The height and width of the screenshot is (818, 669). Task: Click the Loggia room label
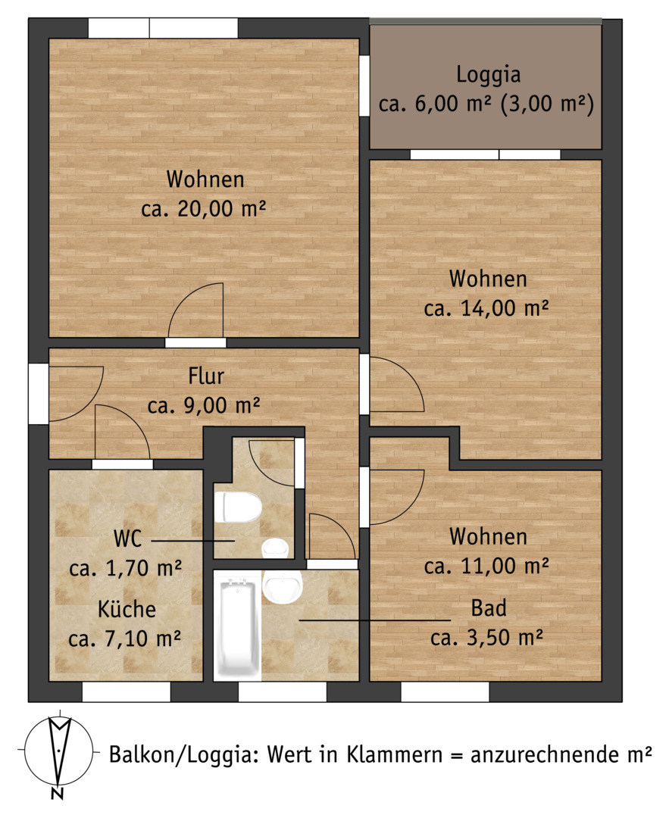(489, 74)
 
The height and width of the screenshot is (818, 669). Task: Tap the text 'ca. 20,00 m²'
(204, 209)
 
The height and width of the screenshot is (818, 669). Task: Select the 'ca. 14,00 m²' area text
(486, 308)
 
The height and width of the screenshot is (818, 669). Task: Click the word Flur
(206, 376)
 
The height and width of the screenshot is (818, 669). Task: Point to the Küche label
(127, 609)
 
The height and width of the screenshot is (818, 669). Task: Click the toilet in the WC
(238, 507)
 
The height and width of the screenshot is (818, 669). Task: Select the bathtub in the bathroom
(238, 629)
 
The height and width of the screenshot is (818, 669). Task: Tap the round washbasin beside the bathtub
(283, 587)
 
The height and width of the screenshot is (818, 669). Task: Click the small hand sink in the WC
(275, 548)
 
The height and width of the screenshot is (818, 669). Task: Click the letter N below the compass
(58, 793)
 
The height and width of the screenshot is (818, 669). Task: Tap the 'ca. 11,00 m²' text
(486, 566)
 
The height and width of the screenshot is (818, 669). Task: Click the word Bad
(489, 608)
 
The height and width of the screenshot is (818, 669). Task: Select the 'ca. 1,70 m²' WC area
(125, 567)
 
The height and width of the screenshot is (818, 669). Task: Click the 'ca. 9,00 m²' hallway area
(204, 405)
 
